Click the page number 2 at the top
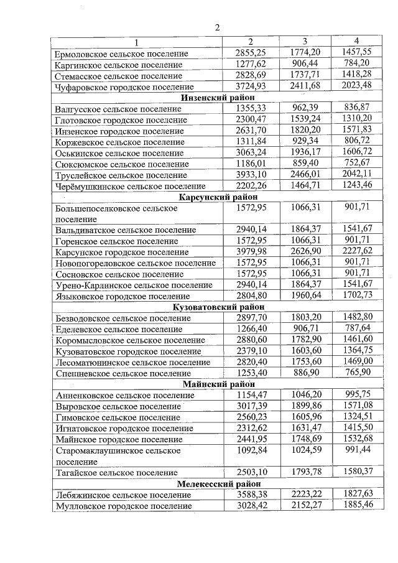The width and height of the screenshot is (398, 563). click(217, 27)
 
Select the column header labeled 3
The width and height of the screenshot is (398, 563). click(305, 41)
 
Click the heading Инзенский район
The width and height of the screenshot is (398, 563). click(217, 97)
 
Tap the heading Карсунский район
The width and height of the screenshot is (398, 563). click(217, 197)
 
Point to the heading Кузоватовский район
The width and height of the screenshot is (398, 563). click(217, 307)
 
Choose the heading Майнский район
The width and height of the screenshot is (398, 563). click(217, 384)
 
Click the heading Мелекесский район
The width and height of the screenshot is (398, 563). click(217, 483)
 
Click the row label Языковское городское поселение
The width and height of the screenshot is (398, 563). click(123, 296)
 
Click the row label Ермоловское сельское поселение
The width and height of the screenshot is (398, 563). click(121, 54)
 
